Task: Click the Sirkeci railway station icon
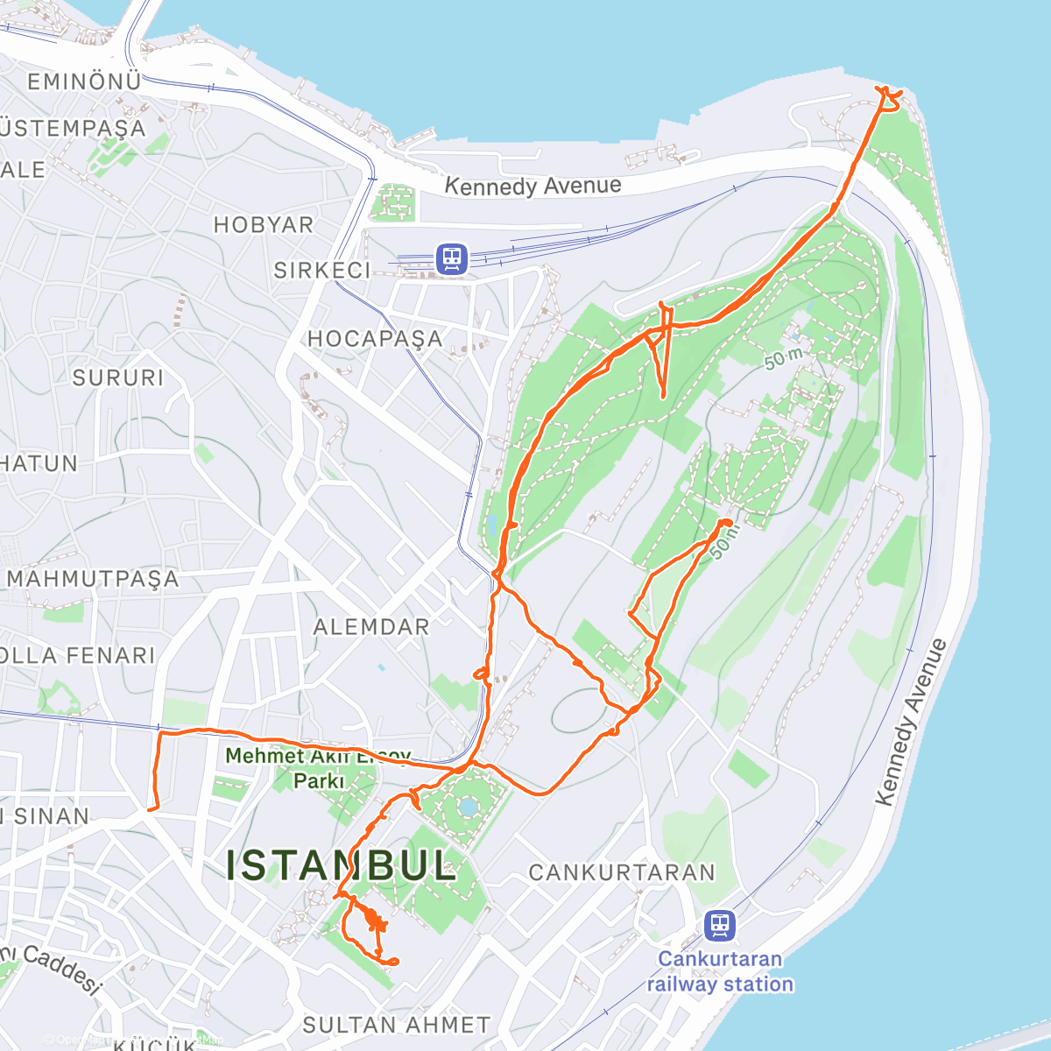452,258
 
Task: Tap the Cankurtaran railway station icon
720,925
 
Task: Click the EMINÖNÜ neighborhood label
84,81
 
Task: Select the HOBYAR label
264,224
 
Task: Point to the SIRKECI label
322,270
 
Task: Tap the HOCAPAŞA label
375,338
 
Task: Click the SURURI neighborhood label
118,377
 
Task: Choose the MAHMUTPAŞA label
93,578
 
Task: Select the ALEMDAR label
371,626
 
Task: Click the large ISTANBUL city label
342,865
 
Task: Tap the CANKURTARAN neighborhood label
622,872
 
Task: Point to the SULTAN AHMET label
396,1024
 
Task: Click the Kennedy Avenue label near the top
533,186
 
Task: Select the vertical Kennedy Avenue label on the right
911,723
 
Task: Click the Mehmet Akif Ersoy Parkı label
318,767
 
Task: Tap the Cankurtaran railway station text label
720,971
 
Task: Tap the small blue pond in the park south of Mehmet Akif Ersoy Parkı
468,805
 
